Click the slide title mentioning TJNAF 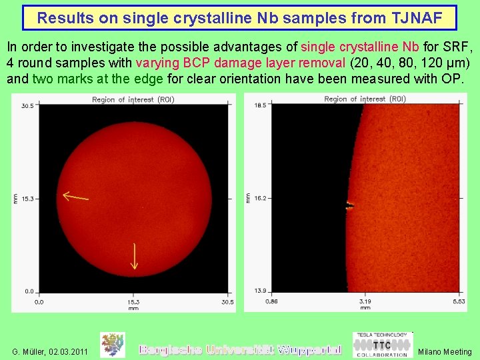(x=239, y=18)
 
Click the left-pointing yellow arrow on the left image (x=75, y=197)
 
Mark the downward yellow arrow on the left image (x=134, y=256)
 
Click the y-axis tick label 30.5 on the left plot (x=27, y=106)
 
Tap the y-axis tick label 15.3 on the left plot (x=27, y=199)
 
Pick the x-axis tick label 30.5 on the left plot (x=227, y=302)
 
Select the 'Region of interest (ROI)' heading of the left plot (x=133, y=99)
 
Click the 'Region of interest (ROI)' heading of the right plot (x=365, y=99)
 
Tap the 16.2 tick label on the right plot (x=260, y=199)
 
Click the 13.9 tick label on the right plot (x=260, y=291)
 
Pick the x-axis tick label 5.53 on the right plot (x=459, y=302)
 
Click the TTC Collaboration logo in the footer (x=381, y=345)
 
